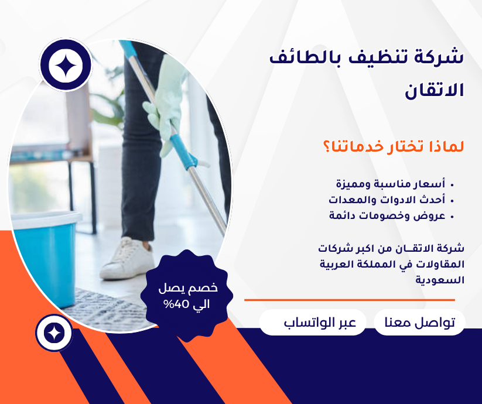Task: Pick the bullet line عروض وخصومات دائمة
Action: coord(387,215)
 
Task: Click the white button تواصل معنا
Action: coord(419,323)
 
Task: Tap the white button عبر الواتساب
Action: coord(313,323)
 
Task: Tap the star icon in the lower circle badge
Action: coord(54,333)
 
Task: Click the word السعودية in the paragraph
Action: coord(440,280)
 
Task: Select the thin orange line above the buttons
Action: coord(349,300)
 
